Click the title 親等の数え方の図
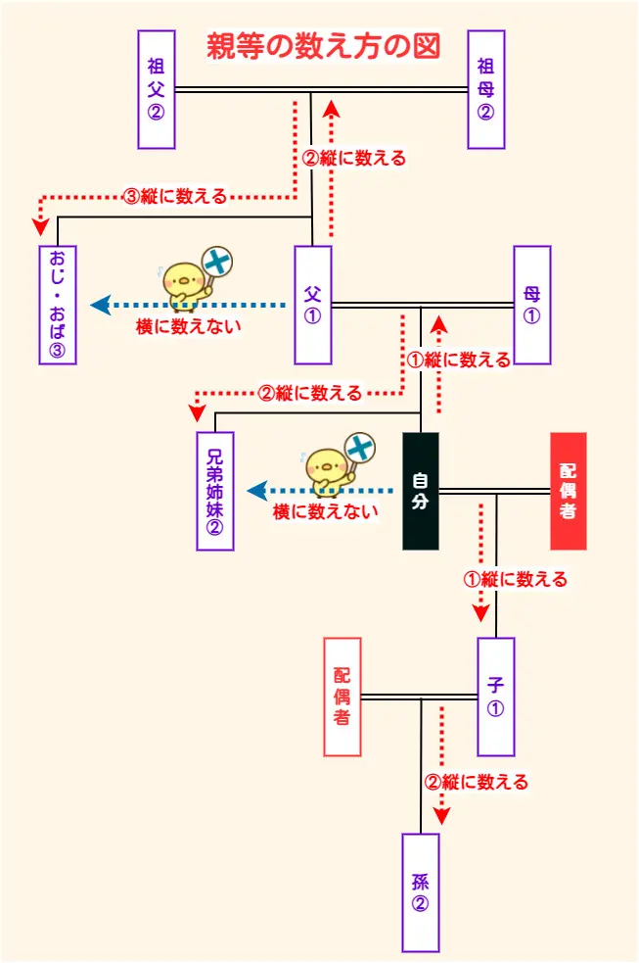pyautogui.click(x=323, y=47)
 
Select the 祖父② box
pyautogui.click(x=157, y=89)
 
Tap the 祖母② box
pyautogui.click(x=485, y=89)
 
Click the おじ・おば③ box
pyautogui.click(x=58, y=305)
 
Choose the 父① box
pyautogui.click(x=313, y=305)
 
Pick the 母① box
pyautogui.click(x=531, y=305)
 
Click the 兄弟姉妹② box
pyautogui.click(x=215, y=491)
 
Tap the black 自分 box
pyautogui.click(x=421, y=491)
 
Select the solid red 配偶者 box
pyautogui.click(x=568, y=491)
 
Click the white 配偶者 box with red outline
pyautogui.click(x=342, y=697)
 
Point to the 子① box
pyautogui.click(x=496, y=697)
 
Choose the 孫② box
pyautogui.click(x=421, y=892)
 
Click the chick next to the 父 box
pyautogui.click(x=181, y=281)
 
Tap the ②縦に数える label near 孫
pyautogui.click(x=477, y=782)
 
